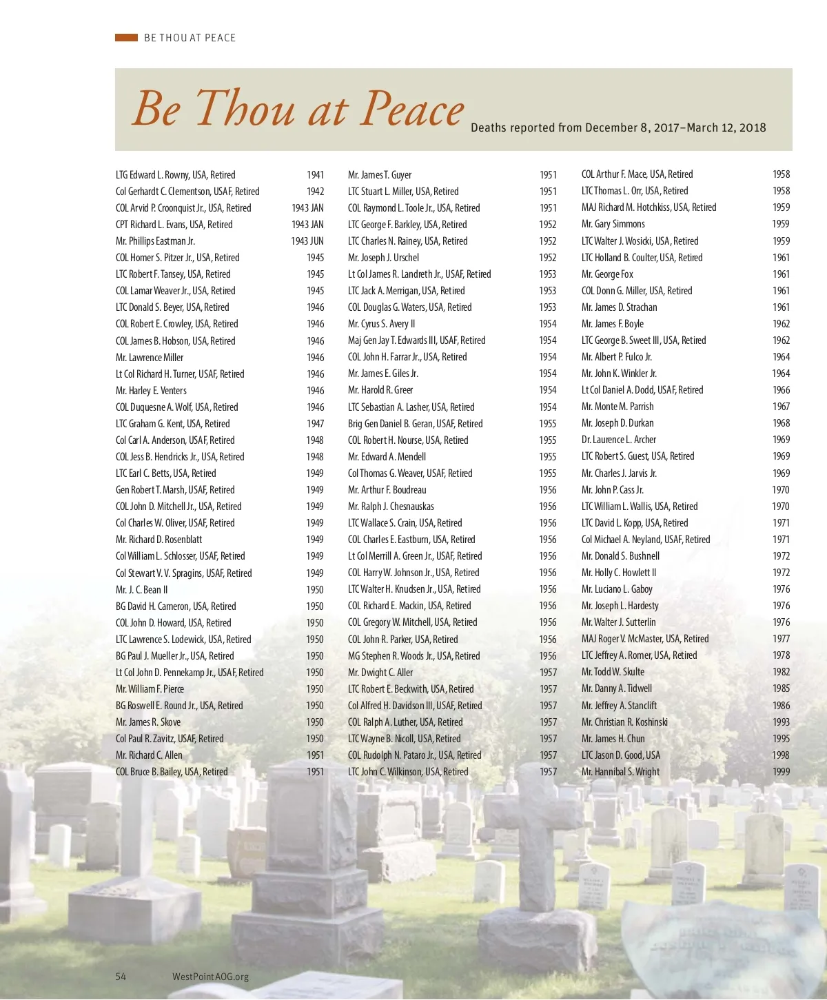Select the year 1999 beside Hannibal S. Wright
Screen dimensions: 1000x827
[x=781, y=772]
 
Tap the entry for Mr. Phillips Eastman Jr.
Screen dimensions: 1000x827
[x=155, y=241]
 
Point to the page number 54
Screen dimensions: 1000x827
[x=121, y=976]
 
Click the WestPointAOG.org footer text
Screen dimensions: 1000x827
[x=210, y=977]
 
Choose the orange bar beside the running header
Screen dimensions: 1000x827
[x=126, y=38]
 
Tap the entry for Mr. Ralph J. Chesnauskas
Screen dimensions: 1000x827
[x=391, y=507]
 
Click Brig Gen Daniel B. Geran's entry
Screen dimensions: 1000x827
[x=415, y=424]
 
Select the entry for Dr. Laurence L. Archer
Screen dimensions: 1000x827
[x=618, y=440]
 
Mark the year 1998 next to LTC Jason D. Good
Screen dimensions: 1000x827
[x=781, y=755]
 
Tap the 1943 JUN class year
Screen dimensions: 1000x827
[x=307, y=241]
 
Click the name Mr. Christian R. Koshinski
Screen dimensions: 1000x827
[x=624, y=722]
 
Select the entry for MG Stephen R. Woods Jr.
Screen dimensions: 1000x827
[x=413, y=656]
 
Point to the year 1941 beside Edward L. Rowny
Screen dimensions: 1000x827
[x=315, y=175]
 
